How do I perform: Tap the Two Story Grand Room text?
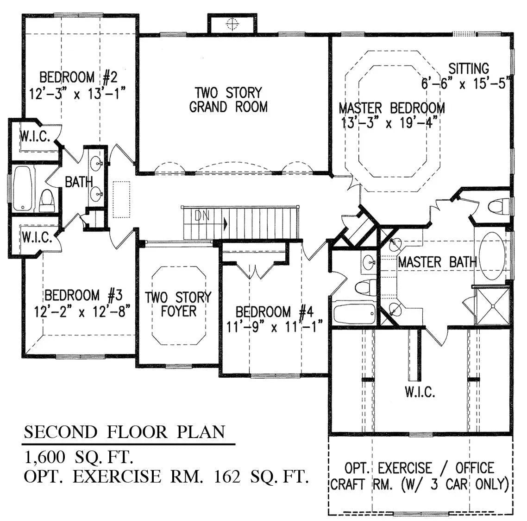(x=228, y=99)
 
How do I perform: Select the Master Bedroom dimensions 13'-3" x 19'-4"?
(x=390, y=123)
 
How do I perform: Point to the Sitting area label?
(x=469, y=69)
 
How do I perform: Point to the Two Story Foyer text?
(x=178, y=304)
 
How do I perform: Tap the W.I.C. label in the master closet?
(x=420, y=393)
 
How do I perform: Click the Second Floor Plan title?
(x=125, y=432)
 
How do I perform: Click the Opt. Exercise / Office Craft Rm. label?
(x=420, y=476)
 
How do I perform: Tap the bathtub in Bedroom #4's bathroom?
(x=354, y=314)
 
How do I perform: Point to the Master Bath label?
(x=437, y=262)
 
